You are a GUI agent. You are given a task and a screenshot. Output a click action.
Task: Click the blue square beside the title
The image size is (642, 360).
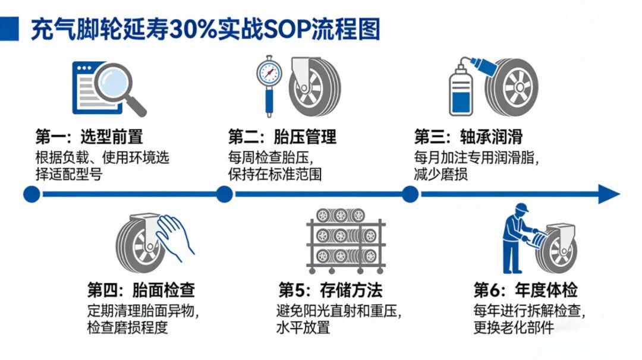[9, 29]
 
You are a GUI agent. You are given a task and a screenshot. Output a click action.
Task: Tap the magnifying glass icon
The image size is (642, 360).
[120, 89]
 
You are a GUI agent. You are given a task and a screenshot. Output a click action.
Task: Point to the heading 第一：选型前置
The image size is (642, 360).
[89, 136]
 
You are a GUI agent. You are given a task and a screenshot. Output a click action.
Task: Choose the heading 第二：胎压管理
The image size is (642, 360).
[282, 136]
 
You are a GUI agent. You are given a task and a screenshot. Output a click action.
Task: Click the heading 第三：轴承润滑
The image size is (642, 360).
[468, 136]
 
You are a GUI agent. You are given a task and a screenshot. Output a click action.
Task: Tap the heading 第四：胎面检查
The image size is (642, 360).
[141, 290]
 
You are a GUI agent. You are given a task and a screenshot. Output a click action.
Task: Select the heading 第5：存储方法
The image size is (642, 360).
[330, 290]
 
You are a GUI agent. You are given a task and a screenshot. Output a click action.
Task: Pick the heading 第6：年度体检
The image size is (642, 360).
[525, 290]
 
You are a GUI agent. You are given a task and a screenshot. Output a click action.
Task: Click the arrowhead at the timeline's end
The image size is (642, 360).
[609, 194]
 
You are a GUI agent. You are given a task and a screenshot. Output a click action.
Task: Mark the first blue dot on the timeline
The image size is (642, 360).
[32, 194]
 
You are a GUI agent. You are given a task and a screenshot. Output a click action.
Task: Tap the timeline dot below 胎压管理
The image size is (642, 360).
[224, 194]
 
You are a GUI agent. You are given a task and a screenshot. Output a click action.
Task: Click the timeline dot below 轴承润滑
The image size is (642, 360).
[410, 194]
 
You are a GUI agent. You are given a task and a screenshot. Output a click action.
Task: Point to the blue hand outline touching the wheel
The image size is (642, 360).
[175, 237]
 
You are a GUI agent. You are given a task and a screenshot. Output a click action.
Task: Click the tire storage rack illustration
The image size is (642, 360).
[346, 241]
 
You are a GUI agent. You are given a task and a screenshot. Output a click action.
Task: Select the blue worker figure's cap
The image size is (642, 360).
[521, 207]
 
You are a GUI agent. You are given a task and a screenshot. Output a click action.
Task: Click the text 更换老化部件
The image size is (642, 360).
[514, 328]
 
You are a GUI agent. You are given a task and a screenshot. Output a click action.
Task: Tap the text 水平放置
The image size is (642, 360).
[303, 328]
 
